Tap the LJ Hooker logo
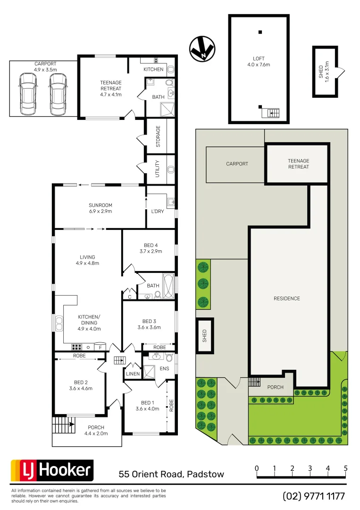tap(52, 470)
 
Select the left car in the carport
tap(27, 94)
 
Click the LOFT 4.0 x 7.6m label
tap(258, 61)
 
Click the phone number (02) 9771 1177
tap(314, 496)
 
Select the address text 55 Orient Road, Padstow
tap(171, 474)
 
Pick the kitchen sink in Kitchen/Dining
tap(59, 324)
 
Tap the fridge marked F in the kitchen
tap(100, 348)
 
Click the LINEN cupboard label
tap(133, 374)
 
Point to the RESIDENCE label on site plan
tap(287, 298)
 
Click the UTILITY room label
tap(158, 169)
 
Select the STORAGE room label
tap(158, 136)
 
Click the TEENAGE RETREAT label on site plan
tap(298, 164)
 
